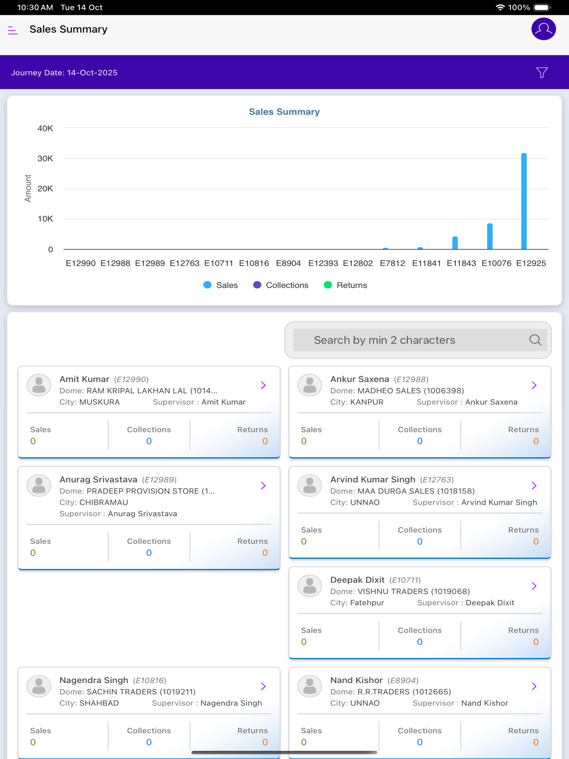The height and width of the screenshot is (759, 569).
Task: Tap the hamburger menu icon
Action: click(x=13, y=30)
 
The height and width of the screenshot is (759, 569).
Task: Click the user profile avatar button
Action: click(x=543, y=29)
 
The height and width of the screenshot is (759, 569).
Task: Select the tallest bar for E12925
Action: click(x=524, y=201)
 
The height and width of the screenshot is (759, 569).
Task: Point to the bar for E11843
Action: click(x=455, y=243)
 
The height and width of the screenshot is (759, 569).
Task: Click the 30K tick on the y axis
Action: click(x=45, y=159)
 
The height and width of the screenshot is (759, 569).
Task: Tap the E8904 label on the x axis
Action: click(x=288, y=263)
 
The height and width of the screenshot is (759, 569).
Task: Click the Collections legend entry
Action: click(x=281, y=285)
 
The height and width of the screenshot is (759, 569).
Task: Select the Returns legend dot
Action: click(x=328, y=285)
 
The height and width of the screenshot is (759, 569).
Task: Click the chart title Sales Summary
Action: click(x=284, y=112)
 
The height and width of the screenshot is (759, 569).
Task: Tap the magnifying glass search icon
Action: click(x=535, y=340)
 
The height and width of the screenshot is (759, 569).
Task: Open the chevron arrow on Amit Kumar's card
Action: click(x=263, y=385)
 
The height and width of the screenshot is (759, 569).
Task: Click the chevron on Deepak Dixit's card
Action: click(x=534, y=586)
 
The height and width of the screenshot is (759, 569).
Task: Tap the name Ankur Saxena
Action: click(x=359, y=379)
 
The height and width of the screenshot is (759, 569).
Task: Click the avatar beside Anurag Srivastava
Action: click(x=39, y=485)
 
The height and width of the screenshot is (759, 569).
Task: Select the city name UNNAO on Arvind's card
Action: click(x=365, y=502)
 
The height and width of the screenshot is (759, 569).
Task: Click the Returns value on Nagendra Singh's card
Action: click(x=265, y=742)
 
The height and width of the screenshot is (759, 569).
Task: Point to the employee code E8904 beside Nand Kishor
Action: click(x=403, y=680)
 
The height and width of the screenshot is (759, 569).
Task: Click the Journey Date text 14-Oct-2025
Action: click(x=92, y=73)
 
